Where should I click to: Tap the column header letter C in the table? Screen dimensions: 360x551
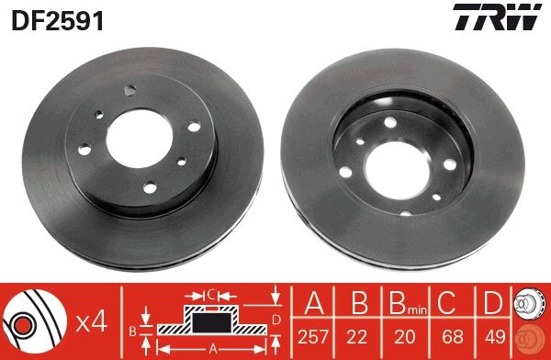pos(447,304)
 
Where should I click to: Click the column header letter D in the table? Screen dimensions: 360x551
pos(492,304)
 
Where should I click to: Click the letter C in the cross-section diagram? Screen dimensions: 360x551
pos(211,296)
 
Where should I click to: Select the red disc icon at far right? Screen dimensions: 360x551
pos(532,338)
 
